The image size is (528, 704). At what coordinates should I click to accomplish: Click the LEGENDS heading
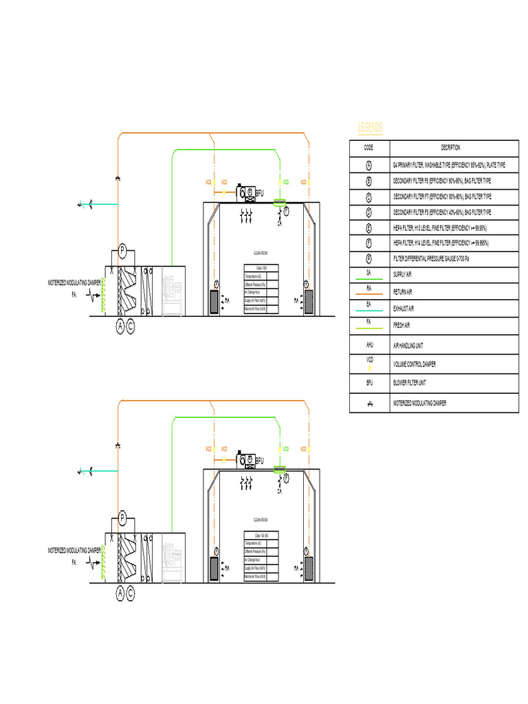click(x=371, y=128)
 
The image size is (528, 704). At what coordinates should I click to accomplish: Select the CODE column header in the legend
click(x=368, y=148)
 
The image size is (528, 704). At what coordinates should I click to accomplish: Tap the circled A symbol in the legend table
click(x=368, y=166)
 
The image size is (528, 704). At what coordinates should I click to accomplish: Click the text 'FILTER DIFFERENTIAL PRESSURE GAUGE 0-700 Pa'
click(x=436, y=259)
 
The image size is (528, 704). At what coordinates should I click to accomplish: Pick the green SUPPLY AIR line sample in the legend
click(x=368, y=279)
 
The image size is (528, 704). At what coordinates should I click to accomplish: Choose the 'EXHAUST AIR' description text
click(x=406, y=309)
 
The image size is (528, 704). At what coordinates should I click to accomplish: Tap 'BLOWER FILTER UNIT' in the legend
click(x=410, y=383)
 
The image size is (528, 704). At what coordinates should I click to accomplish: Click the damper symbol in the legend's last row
click(x=368, y=404)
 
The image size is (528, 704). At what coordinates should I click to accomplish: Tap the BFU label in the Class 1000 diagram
click(x=259, y=194)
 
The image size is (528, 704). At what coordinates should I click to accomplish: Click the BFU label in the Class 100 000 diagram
click(x=259, y=461)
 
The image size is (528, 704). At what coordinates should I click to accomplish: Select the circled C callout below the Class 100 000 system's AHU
click(x=131, y=592)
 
